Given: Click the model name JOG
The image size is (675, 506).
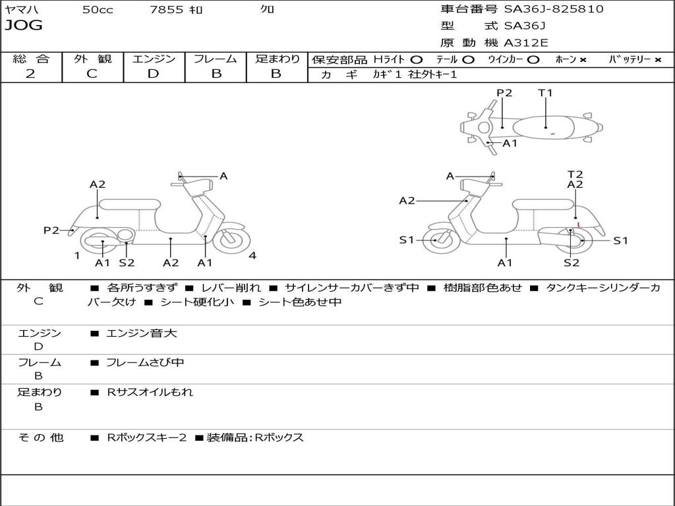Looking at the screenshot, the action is click(x=24, y=26).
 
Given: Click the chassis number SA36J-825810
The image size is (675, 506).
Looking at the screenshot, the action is click(x=554, y=9).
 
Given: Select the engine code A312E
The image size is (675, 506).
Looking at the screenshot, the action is click(x=525, y=43).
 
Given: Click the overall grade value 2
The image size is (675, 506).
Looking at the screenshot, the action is click(x=30, y=74).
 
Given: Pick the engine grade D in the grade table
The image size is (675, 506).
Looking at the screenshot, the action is click(x=153, y=74).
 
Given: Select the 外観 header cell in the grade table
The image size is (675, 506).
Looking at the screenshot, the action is click(x=92, y=59).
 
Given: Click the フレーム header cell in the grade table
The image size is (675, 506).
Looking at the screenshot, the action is click(x=216, y=59).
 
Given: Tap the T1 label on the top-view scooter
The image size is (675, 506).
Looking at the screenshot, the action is click(x=545, y=93).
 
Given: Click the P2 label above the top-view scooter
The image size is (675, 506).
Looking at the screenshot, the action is click(x=504, y=93).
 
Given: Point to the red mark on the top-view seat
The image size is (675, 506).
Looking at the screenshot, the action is click(x=552, y=134).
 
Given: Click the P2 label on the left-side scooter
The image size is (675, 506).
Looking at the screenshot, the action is click(x=51, y=230).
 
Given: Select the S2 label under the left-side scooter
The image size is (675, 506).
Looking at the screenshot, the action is click(x=127, y=263).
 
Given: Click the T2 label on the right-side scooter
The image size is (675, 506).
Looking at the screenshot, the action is click(x=575, y=175).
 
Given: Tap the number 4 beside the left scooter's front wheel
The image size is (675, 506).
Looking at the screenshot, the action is click(x=252, y=256).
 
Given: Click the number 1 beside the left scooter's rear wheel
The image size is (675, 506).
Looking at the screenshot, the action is click(x=77, y=256).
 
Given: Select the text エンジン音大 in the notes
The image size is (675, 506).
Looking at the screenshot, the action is click(x=142, y=333).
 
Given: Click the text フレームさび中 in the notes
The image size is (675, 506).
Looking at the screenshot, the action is click(x=145, y=362).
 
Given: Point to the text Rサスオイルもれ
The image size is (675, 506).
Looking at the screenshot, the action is click(x=150, y=392).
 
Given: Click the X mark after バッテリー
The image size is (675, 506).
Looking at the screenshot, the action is click(x=658, y=60).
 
